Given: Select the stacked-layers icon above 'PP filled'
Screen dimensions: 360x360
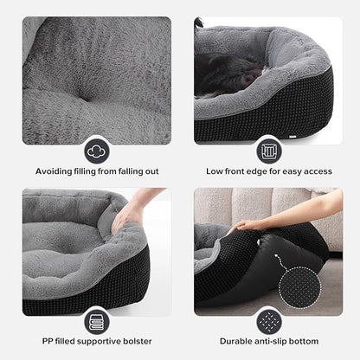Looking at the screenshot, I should click(x=96, y=321).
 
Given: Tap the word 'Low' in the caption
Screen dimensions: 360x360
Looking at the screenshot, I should click(x=215, y=171).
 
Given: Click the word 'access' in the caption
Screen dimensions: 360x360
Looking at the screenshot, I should click(x=315, y=171).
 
